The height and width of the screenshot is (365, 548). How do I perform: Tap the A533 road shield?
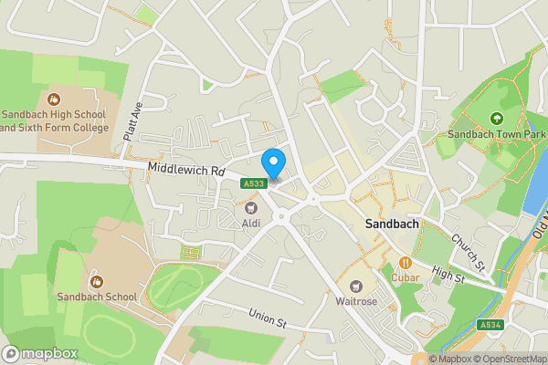[x=255, y=183]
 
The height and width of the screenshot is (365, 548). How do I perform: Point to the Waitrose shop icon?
[x=356, y=286]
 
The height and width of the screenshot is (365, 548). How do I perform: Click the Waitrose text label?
[x=356, y=301]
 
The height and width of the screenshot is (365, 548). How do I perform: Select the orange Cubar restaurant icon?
[x=405, y=261]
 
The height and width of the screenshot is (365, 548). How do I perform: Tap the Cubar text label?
[x=405, y=276]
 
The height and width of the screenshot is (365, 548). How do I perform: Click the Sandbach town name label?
[x=391, y=224]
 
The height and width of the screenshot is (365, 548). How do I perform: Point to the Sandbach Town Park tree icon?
[x=496, y=118]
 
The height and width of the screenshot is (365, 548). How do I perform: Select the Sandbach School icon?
[x=97, y=281]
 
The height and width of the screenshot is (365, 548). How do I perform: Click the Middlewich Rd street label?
[x=186, y=171]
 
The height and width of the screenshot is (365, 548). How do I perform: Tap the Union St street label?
[x=269, y=318]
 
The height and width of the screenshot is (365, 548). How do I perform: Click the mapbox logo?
[x=40, y=353]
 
